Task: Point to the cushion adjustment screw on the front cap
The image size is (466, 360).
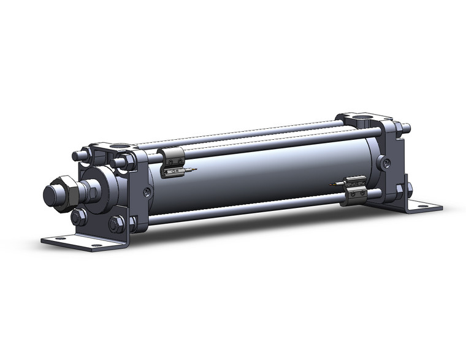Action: (x=147, y=192)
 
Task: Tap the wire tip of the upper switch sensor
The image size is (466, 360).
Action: (x=193, y=170)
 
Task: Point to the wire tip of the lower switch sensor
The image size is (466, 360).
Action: (x=332, y=184)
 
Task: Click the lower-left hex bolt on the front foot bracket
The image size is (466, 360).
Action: (x=78, y=218)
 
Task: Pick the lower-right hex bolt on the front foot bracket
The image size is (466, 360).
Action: (x=116, y=224)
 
